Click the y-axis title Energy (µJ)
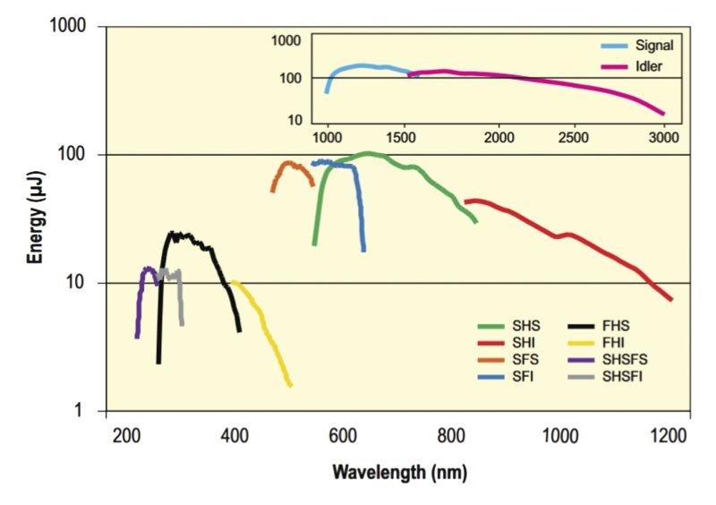point(35,218)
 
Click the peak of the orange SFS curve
point(289,163)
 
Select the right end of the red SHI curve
point(671,300)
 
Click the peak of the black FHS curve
point(175,234)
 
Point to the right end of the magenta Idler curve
point(663,114)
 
